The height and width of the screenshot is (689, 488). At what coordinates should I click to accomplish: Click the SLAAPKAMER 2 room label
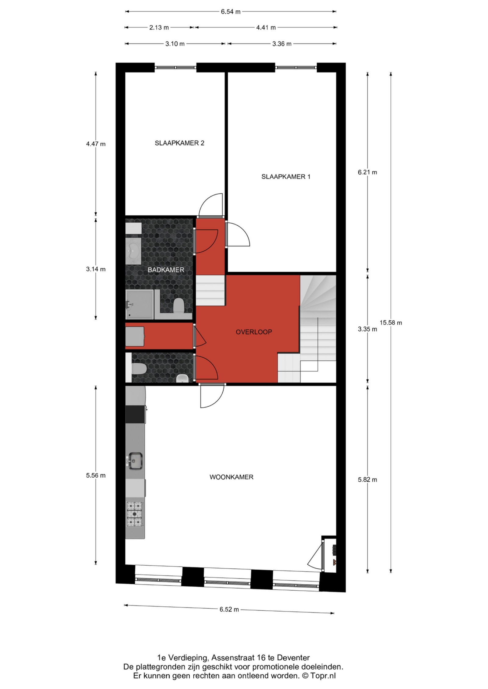[179, 143]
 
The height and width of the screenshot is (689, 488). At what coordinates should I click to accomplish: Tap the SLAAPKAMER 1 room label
[286, 177]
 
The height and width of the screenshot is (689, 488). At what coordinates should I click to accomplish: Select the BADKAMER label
[166, 270]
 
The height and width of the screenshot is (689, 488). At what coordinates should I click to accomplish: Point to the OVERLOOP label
[254, 332]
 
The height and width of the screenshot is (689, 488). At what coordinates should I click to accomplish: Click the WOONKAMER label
[231, 477]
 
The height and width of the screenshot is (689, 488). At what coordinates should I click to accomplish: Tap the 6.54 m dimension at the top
[231, 12]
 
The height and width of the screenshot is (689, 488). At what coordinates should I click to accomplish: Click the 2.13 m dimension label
[159, 27]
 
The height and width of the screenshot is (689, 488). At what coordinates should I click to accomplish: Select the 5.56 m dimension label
[96, 475]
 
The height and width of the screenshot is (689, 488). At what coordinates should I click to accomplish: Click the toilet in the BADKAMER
[178, 305]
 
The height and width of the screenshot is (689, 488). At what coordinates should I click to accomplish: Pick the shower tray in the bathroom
[139, 304]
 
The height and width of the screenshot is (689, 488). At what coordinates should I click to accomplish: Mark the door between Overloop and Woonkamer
[212, 395]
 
